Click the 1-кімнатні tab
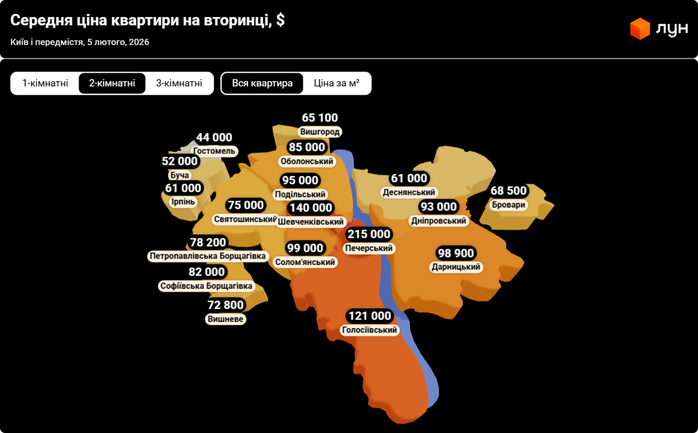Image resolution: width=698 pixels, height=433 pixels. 45,83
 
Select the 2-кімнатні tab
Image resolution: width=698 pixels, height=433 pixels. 112,83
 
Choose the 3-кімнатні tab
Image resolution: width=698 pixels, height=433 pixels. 179,83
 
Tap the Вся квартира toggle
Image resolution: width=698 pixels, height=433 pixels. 262,83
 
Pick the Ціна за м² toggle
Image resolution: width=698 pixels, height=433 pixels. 337,83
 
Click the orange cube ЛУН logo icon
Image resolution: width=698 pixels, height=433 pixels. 640,29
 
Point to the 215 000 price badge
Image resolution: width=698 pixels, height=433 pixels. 369,234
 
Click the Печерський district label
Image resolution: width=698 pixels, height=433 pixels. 369,248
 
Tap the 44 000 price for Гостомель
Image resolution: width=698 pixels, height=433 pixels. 214,138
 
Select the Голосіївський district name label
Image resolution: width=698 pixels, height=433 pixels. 369,330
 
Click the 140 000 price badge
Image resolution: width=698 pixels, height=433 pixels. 310,208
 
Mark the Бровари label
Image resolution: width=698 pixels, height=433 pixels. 508,205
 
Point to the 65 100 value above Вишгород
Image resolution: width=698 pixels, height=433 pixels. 320,118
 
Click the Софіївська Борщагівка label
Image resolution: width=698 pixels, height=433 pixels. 206,286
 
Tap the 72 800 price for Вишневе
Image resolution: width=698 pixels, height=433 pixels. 226,305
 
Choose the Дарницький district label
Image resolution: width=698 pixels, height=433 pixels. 456,267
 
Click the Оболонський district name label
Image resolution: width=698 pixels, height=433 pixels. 307,161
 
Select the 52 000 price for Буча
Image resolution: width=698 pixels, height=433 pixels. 180,161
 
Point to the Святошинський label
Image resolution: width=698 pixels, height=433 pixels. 246,219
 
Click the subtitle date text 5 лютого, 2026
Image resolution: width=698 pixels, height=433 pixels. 118,42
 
